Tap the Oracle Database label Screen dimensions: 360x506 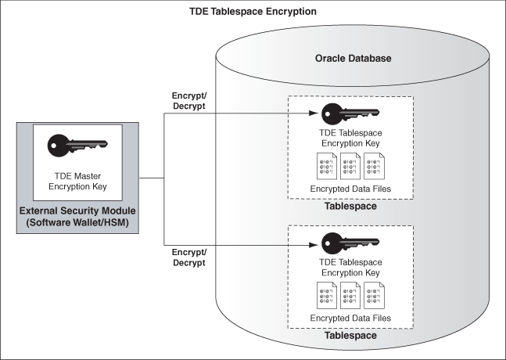pyautogui.click(x=353, y=59)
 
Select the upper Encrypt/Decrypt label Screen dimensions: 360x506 pyautogui.click(x=188, y=101)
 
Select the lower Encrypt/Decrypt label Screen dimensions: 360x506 pyautogui.click(x=188, y=257)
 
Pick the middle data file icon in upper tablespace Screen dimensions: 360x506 pyautogui.click(x=350, y=166)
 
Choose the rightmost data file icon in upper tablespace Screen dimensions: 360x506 pyautogui.click(x=375, y=166)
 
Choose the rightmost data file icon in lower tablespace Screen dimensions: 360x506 pyautogui.click(x=375, y=297)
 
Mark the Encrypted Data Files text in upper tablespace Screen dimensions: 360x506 pyautogui.click(x=350, y=189)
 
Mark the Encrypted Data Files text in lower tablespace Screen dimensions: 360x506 pyautogui.click(x=350, y=319)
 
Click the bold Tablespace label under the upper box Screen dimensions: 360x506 pyautogui.click(x=350, y=207)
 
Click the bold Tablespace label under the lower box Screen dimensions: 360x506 pyautogui.click(x=350, y=336)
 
